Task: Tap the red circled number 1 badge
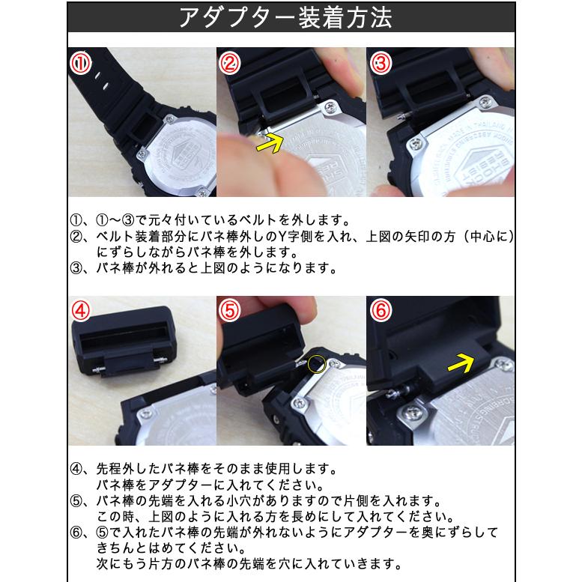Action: pos(81,64)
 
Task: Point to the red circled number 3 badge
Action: pos(381,64)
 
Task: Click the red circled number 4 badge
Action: pos(81,310)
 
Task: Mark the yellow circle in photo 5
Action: pos(317,365)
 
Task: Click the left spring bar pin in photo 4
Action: pos(95,369)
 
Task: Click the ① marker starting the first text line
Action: pos(75,221)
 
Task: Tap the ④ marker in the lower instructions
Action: pos(75,470)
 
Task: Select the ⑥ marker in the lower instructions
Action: pos(75,533)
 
